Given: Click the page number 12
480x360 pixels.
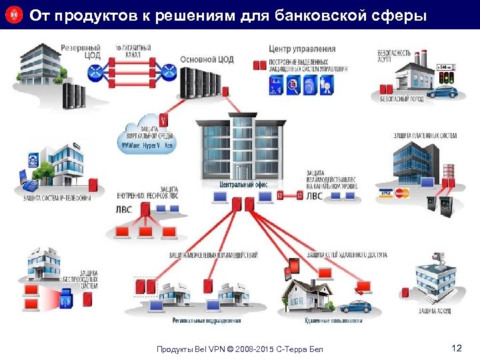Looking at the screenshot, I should [x=457, y=348].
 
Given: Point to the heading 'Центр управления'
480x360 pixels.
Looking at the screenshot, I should [x=302, y=49].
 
